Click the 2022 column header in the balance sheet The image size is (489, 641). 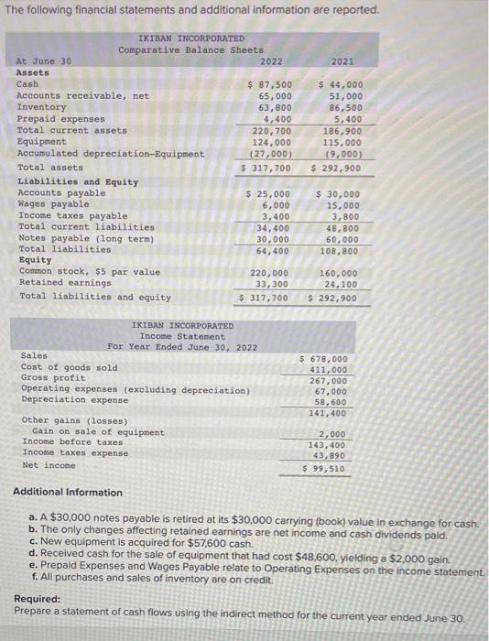point(272,61)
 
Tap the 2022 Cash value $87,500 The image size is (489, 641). point(270,84)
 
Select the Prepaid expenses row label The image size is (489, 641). point(61,119)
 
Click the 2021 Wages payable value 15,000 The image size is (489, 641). point(344,205)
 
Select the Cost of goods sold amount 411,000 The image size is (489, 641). point(328,370)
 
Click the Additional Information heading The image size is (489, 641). point(67,493)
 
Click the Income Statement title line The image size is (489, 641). point(181,336)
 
